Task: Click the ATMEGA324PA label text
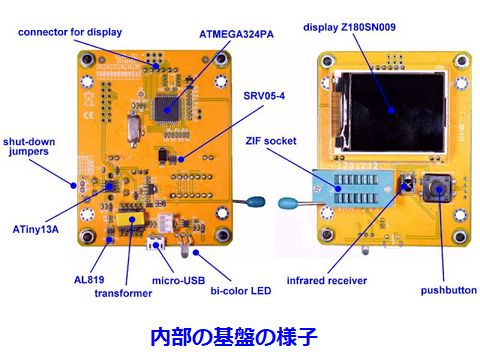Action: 236,34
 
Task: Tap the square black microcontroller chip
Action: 166,109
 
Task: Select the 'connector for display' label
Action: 70,32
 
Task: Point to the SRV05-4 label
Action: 264,96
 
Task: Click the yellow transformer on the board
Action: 130,220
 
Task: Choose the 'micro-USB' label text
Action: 178,281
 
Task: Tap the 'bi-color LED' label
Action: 241,291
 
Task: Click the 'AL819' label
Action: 89,279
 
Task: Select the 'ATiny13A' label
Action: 36,229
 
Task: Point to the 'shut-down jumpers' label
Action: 29,147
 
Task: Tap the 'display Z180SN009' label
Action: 349,27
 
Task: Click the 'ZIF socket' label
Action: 271,141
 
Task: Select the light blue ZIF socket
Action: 353,188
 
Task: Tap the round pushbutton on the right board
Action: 438,189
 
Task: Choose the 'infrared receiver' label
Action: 327,281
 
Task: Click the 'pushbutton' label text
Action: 449,290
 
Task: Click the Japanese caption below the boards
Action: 234,337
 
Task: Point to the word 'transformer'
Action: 123,293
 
